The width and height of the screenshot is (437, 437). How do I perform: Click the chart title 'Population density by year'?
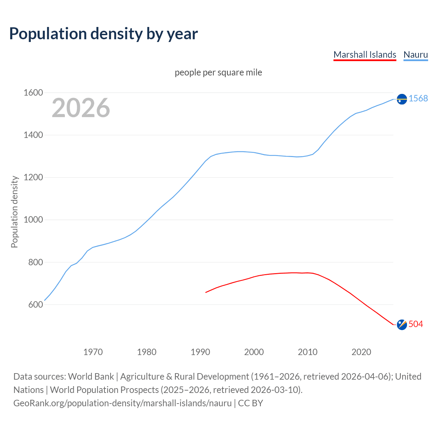pos(103,34)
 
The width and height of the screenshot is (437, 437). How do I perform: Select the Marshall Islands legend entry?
pos(365,55)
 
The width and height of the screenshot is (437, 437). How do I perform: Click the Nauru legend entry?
pos(415,55)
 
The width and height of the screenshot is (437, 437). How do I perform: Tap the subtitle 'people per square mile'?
pos(218,72)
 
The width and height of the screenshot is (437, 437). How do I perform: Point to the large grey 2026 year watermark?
pos(81,108)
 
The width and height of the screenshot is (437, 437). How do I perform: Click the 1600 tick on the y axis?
pos(33,93)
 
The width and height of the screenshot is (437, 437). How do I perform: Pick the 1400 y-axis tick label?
pos(33,135)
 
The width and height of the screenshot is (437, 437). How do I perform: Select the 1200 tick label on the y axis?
pos(33,177)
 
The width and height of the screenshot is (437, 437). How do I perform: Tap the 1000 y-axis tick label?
pos(33,220)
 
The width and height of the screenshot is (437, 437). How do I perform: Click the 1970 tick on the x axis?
pos(93,352)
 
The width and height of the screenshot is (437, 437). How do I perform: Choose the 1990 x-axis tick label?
pos(200,352)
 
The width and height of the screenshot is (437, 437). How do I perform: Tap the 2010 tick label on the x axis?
pos(308,352)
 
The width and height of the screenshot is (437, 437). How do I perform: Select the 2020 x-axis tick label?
pos(361,352)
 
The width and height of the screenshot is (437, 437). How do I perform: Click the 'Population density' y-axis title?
pos(14,212)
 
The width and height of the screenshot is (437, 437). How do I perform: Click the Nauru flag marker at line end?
pos(402,99)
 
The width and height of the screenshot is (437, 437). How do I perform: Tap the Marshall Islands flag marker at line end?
pos(402,325)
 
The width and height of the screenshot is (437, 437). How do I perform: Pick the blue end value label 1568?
pos(418,98)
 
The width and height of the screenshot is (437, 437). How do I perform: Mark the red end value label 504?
pos(416,324)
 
